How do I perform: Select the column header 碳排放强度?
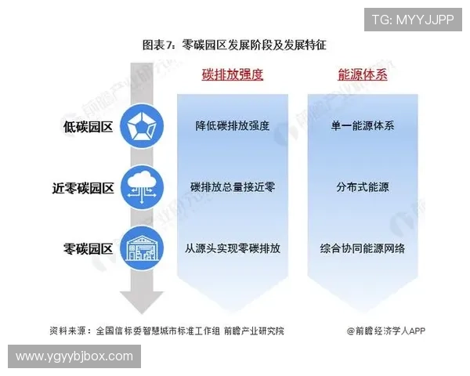click(x=232, y=75)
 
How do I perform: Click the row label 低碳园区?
click(x=89, y=126)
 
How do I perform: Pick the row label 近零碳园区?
click(x=83, y=188)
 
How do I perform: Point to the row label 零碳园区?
click(x=89, y=249)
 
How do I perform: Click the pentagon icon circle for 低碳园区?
click(x=142, y=126)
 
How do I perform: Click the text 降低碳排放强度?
click(x=233, y=125)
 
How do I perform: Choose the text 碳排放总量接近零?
click(x=233, y=187)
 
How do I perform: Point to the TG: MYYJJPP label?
click(x=412, y=20)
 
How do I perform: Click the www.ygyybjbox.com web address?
click(x=74, y=357)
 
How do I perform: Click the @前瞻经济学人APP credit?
click(x=387, y=331)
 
